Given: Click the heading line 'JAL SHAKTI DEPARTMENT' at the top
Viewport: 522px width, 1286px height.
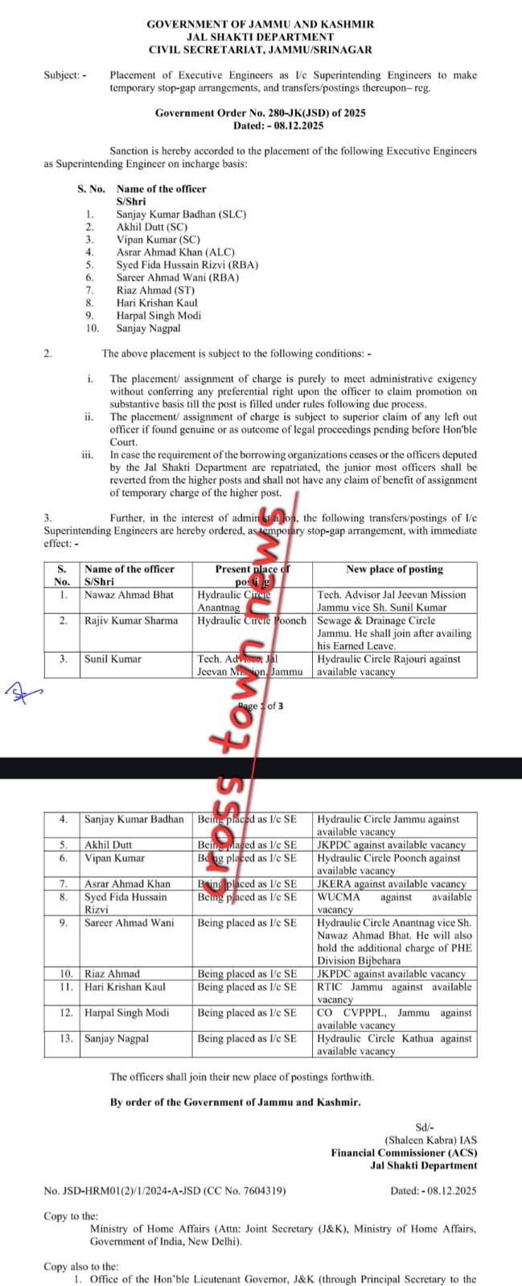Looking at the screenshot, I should (260, 37).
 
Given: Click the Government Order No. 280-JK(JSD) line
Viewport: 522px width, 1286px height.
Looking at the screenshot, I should (260, 113).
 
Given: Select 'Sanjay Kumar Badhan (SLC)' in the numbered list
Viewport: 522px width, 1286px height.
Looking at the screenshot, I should (181, 215).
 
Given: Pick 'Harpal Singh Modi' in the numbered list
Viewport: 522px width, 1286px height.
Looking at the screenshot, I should (158, 315).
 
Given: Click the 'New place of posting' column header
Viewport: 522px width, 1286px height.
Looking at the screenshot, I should (394, 569).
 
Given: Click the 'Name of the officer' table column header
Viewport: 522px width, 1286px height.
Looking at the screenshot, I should (129, 569).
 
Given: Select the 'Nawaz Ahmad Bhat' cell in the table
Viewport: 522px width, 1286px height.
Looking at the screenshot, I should (129, 595).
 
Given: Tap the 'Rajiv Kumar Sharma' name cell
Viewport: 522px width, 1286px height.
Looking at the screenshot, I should (131, 620).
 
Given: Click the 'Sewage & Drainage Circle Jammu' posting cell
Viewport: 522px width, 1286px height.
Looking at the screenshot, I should (394, 633).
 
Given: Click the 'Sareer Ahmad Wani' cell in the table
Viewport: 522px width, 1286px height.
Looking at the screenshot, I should (129, 923).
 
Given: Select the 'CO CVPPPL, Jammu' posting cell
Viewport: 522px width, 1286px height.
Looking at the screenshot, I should (394, 1018).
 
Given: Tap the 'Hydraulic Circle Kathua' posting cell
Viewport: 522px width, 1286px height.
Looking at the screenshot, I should (394, 1044).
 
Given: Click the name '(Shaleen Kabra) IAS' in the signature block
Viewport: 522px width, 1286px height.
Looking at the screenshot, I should (430, 1140).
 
